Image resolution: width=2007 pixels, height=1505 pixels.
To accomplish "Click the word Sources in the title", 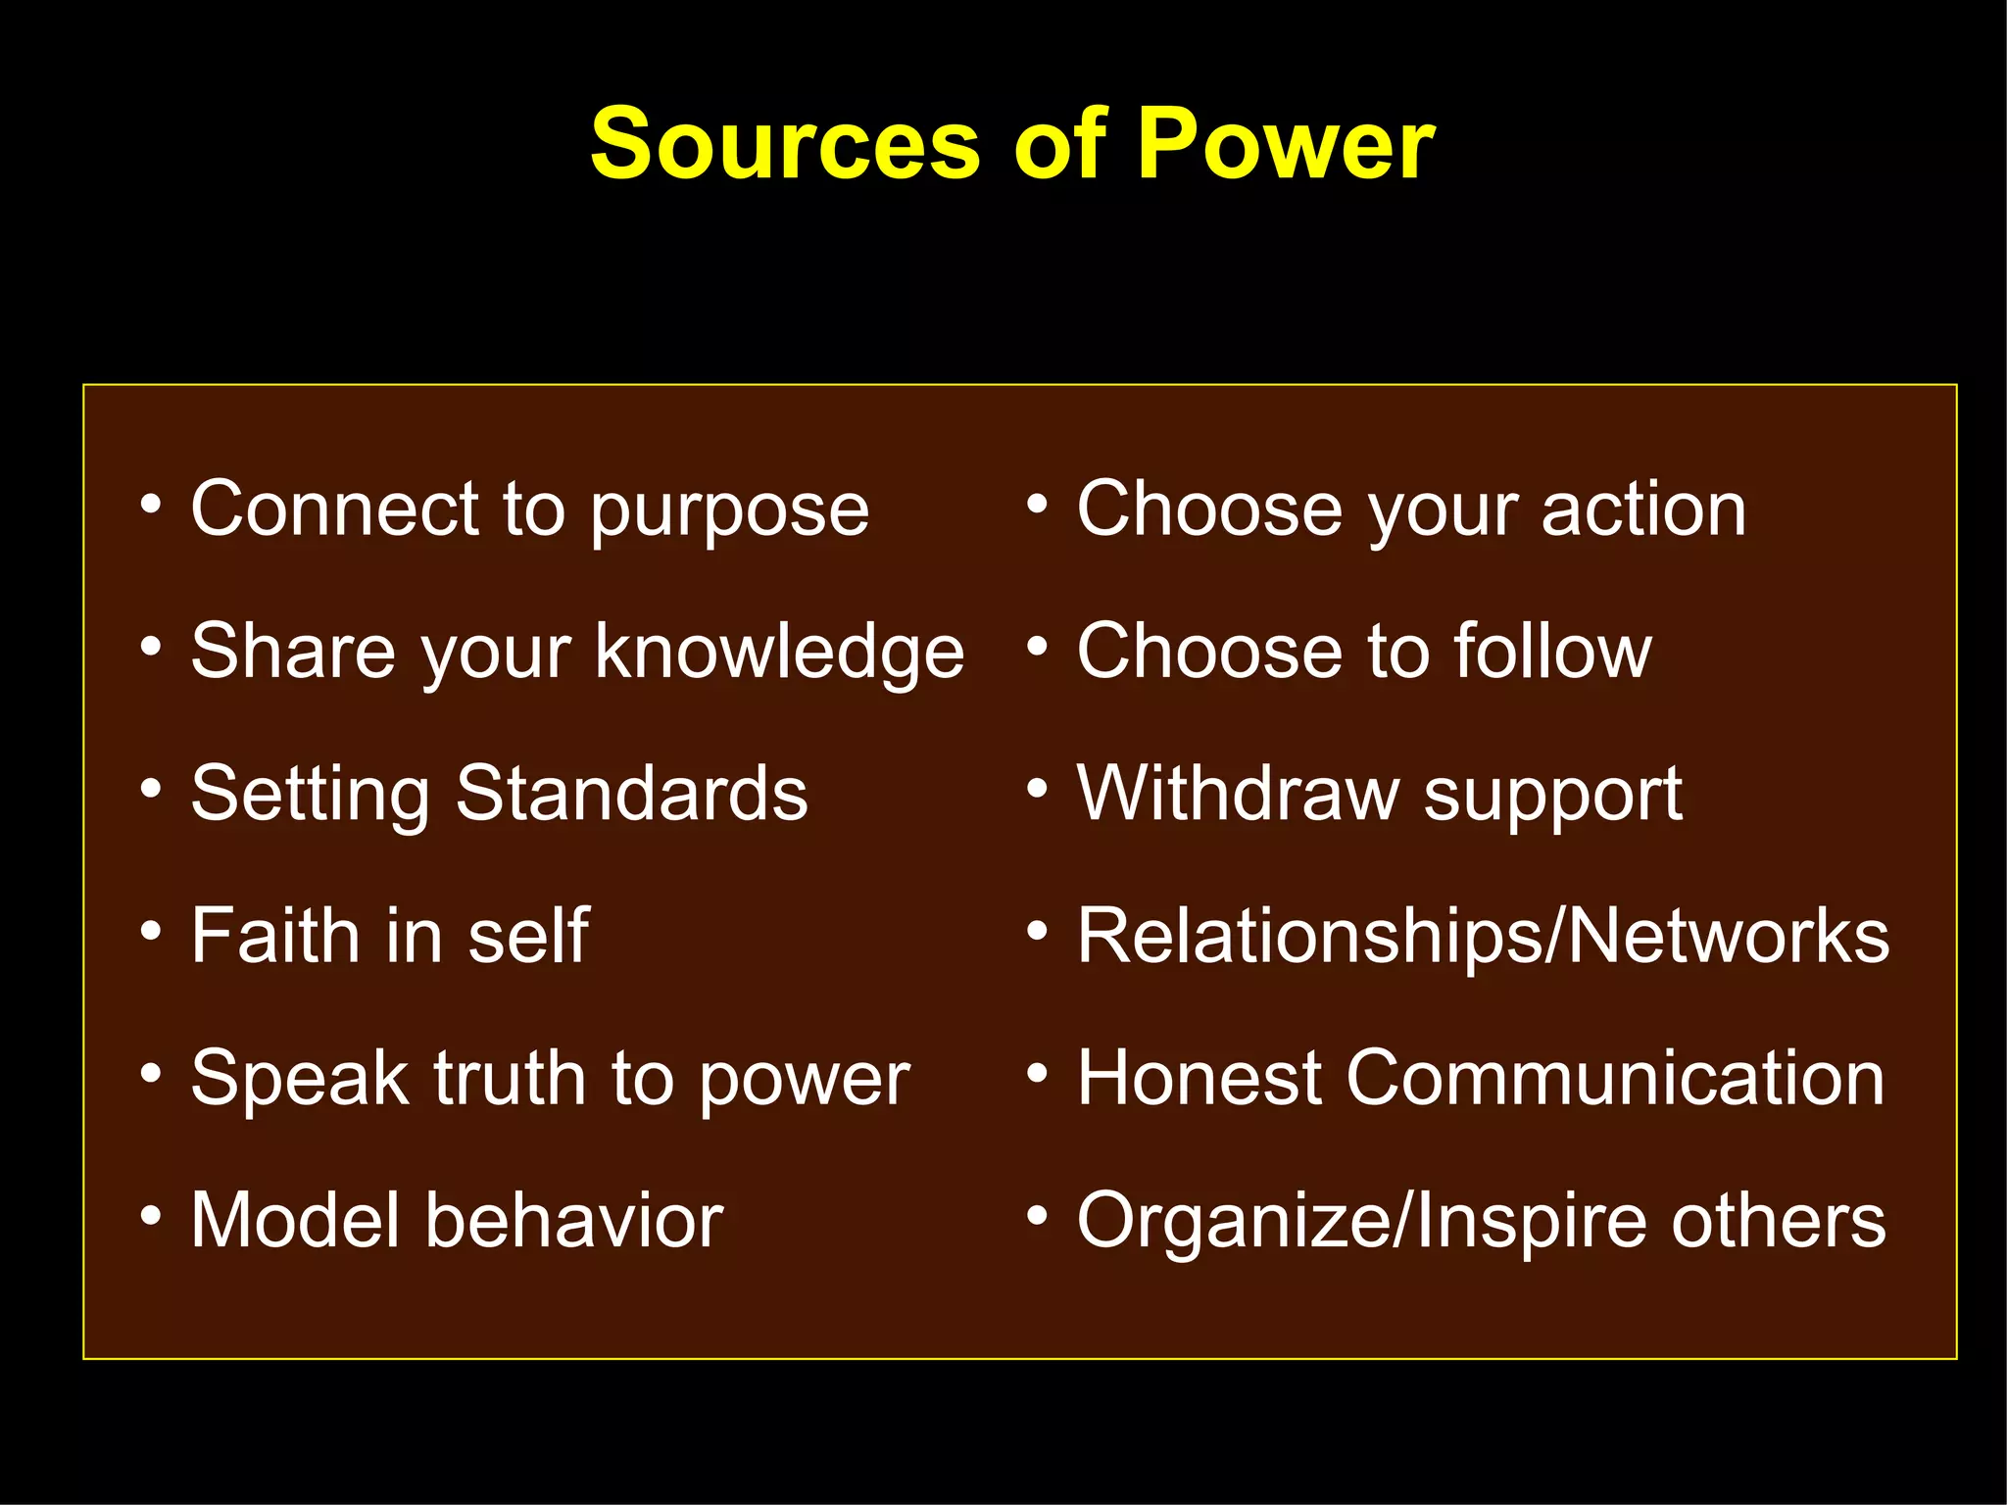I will [x=784, y=145].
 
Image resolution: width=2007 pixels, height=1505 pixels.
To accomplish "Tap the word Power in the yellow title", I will [x=1286, y=145].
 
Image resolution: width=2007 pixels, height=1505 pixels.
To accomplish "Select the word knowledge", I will [x=779, y=653].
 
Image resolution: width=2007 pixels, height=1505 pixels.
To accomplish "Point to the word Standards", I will [x=632, y=794].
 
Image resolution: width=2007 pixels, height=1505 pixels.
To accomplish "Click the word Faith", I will [x=275, y=936].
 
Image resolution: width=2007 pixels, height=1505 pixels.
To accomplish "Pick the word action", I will [x=1643, y=510].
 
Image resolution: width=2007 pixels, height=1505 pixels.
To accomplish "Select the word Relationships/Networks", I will [x=1483, y=936].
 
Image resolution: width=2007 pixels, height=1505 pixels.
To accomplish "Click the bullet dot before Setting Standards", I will [x=150, y=788].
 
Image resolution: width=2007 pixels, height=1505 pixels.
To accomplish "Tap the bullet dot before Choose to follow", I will [x=1037, y=646].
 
